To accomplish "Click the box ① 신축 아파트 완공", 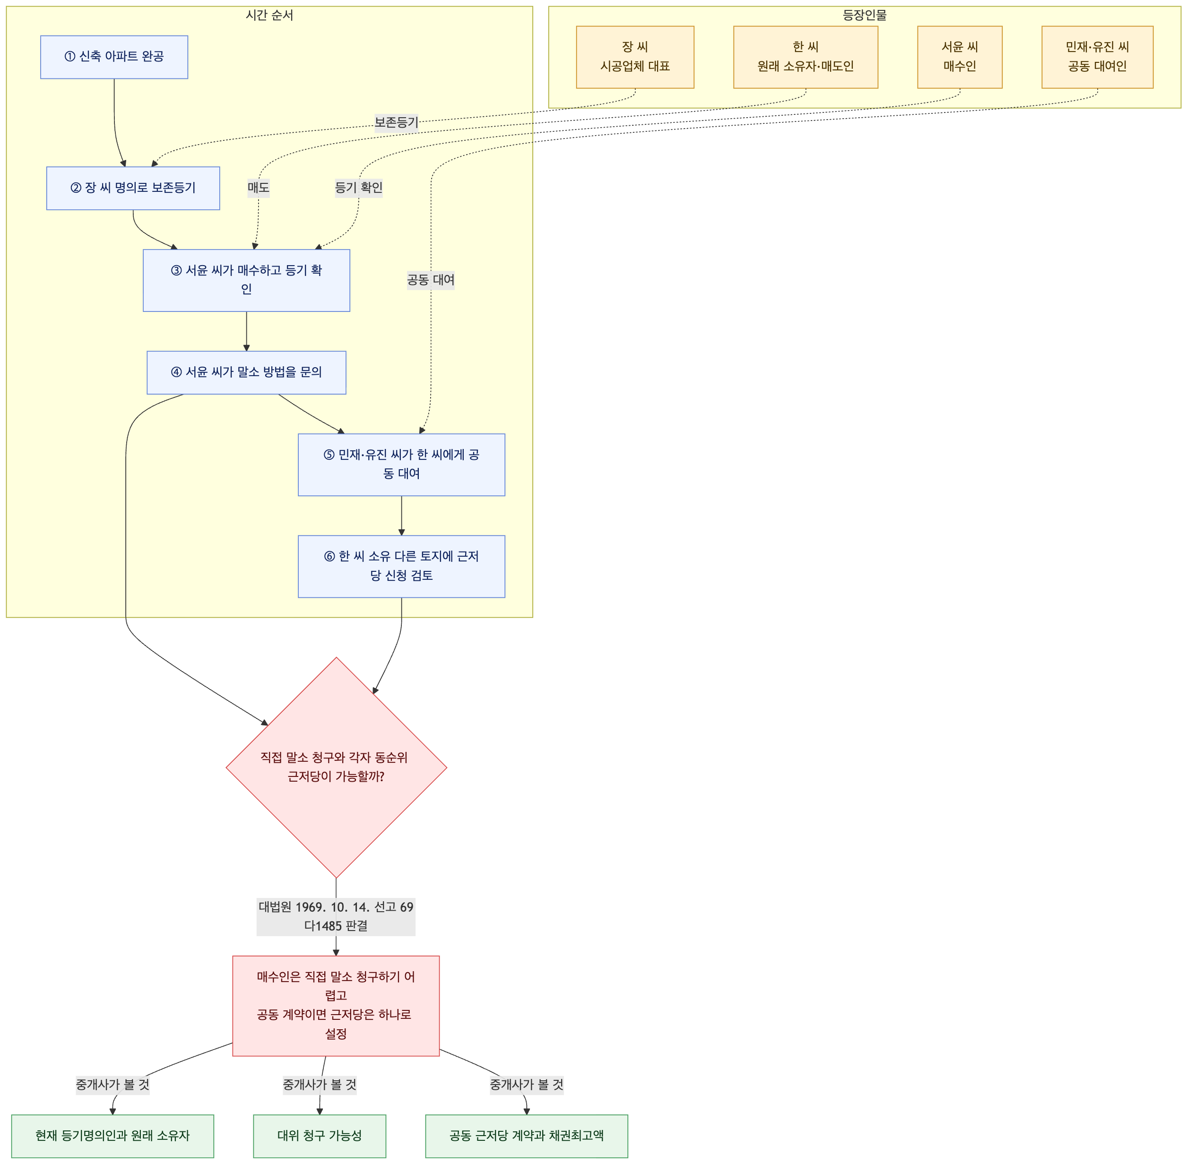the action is tap(114, 57).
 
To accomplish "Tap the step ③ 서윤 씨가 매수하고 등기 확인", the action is tap(246, 280).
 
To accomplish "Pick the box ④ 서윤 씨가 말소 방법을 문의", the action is tap(246, 372).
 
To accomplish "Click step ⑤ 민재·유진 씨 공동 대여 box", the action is tap(401, 465).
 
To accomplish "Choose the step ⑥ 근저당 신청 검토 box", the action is tap(401, 566).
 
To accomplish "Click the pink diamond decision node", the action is tap(336, 767).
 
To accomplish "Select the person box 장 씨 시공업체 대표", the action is tap(635, 57).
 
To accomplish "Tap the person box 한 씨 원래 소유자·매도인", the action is tap(805, 57).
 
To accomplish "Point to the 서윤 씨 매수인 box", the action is tap(960, 57).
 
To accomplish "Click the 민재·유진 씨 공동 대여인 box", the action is tap(1097, 57).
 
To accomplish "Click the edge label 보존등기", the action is tap(397, 122).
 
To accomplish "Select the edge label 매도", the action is tap(259, 188).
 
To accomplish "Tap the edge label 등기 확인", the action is tap(359, 188).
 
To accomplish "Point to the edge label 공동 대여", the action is tap(431, 280).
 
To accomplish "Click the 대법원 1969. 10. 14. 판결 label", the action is tap(336, 916).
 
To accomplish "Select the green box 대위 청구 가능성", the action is tap(320, 1136).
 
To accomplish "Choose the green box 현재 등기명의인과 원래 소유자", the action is tap(113, 1136).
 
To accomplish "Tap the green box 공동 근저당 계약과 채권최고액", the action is tap(527, 1136).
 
